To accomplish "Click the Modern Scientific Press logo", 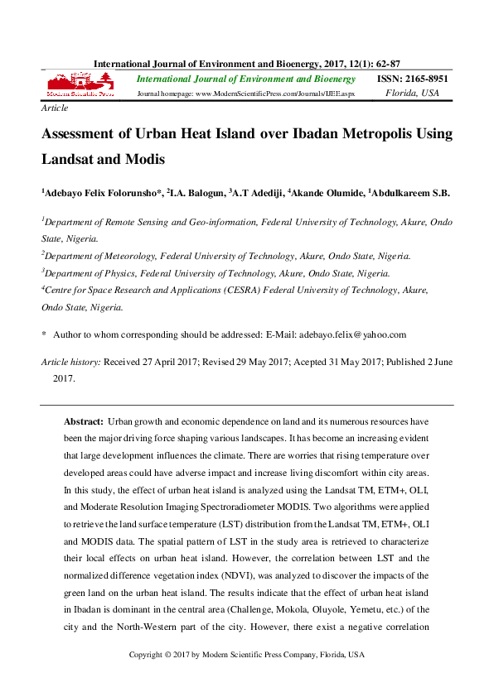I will pyautogui.click(x=80, y=85).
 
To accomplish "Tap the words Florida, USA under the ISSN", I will pyautogui.click(x=413, y=93).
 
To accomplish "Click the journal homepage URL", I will pyautogui.click(x=274, y=94).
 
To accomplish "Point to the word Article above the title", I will pyautogui.click(x=54, y=108).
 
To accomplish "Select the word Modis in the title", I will pyautogui.click(x=143, y=159).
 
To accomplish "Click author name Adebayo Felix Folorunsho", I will pyautogui.click(x=102, y=193).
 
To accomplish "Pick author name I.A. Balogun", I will pyautogui.click(x=196, y=193).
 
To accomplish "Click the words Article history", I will pyautogui.click(x=70, y=363).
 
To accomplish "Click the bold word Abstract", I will pyautogui.click(x=84, y=422).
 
